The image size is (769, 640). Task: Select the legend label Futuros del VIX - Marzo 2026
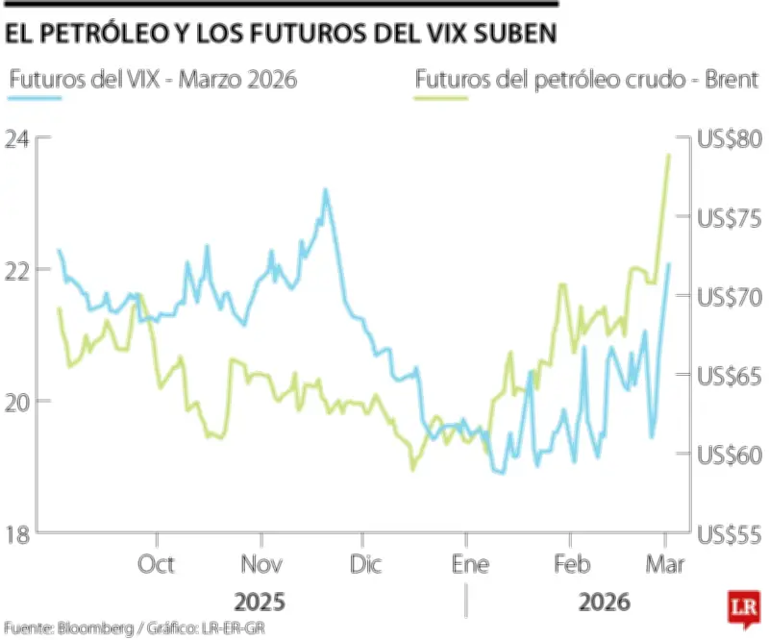tap(152, 78)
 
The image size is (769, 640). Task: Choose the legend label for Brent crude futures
tap(587, 78)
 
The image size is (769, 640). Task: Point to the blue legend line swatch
tap(35, 98)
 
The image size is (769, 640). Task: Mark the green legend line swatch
tap(441, 98)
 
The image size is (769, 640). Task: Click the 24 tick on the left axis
tap(18, 138)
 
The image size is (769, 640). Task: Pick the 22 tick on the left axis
tap(18, 270)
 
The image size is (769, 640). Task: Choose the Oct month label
tap(156, 564)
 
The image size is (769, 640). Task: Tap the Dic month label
tap(366, 564)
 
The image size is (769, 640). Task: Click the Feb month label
tap(572, 564)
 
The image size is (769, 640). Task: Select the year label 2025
tap(260, 603)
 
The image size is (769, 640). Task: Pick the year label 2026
tap(605, 603)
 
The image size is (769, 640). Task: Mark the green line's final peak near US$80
tap(669, 155)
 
